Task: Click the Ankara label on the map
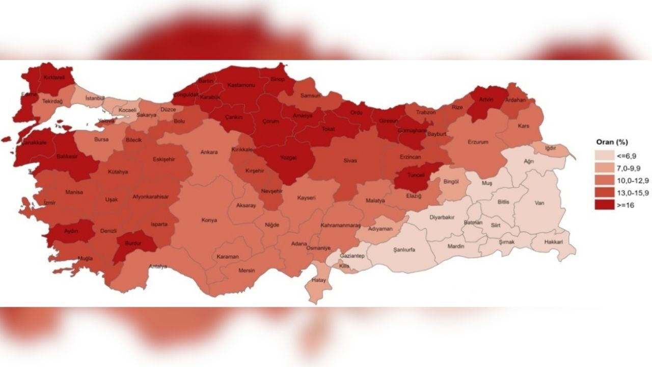coord(209,152)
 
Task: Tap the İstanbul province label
coord(95,97)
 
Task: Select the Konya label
coord(209,220)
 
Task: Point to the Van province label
coord(539,202)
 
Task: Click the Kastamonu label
coord(241,85)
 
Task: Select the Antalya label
coord(157,267)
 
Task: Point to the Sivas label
coord(349,161)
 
